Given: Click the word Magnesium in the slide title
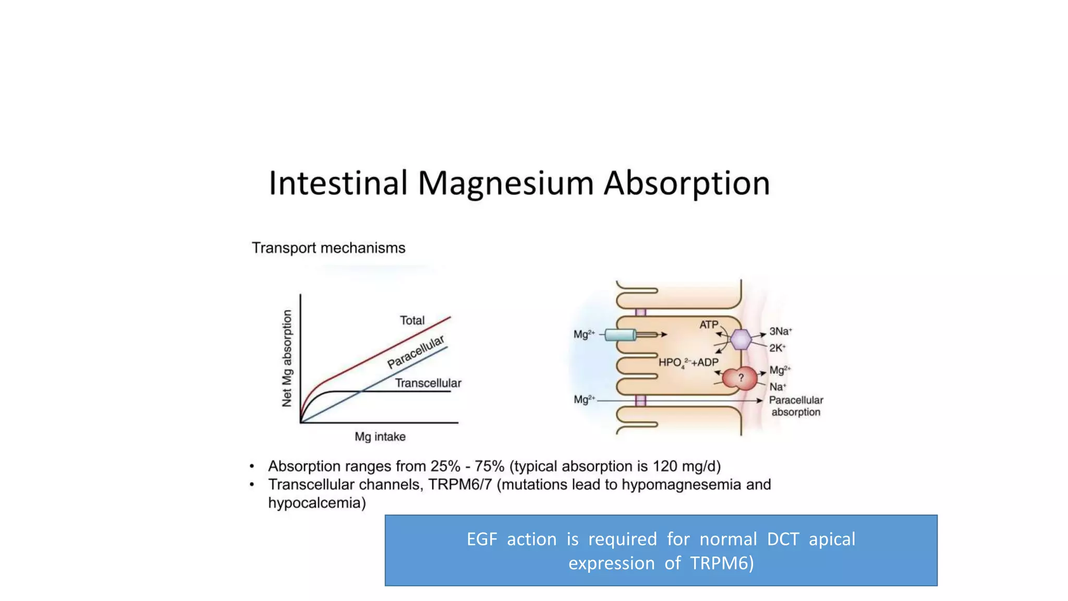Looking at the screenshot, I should [x=505, y=184].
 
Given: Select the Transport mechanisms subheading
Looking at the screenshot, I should [x=328, y=248].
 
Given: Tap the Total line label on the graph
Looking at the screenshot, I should [x=412, y=320].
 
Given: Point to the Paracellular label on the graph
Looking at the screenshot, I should [x=416, y=352].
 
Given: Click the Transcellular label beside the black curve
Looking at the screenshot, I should [x=428, y=383].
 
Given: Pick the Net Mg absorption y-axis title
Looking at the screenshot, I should [x=287, y=358].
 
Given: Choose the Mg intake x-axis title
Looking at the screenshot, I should [x=380, y=437].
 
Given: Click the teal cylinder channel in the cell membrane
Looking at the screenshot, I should [x=621, y=335].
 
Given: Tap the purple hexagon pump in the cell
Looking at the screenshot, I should [x=740, y=340].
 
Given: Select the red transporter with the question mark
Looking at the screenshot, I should [x=739, y=378].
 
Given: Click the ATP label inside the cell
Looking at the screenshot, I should [x=708, y=324].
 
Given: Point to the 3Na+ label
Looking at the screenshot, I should [x=780, y=331].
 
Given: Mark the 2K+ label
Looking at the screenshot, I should [x=777, y=348].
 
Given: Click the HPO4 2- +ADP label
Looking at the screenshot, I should [x=688, y=363].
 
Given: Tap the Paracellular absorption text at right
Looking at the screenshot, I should [x=796, y=406].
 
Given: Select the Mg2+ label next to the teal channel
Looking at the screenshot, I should [x=584, y=334].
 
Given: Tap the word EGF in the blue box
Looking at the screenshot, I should [x=481, y=539].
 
